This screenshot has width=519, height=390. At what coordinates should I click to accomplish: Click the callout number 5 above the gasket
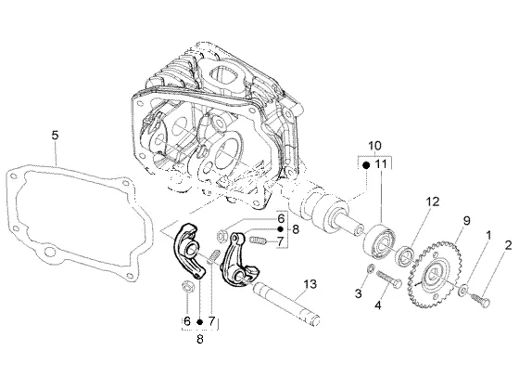point(55,136)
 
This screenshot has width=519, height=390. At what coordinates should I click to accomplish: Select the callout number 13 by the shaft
point(310,284)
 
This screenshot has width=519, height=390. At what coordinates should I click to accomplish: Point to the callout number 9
point(466,221)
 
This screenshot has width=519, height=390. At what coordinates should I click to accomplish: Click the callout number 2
point(508,245)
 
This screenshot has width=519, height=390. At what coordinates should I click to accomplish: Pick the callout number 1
point(487,236)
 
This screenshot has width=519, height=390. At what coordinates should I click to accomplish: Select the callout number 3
point(359,293)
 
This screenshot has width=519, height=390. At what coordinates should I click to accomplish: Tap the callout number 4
point(378,305)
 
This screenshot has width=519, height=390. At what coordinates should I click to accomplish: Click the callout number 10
point(374,146)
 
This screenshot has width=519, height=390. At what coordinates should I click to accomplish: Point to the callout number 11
point(381,164)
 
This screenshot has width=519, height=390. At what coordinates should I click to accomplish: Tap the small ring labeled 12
point(406,255)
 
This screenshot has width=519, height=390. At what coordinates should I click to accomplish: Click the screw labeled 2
point(481,300)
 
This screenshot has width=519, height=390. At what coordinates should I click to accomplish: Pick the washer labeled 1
point(462,289)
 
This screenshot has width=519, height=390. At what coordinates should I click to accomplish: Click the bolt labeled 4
point(388,279)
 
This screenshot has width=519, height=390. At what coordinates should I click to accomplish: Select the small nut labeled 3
point(371,268)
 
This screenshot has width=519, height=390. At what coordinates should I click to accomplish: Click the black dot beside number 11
point(366,165)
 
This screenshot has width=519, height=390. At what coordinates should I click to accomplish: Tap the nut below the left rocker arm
point(188,287)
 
